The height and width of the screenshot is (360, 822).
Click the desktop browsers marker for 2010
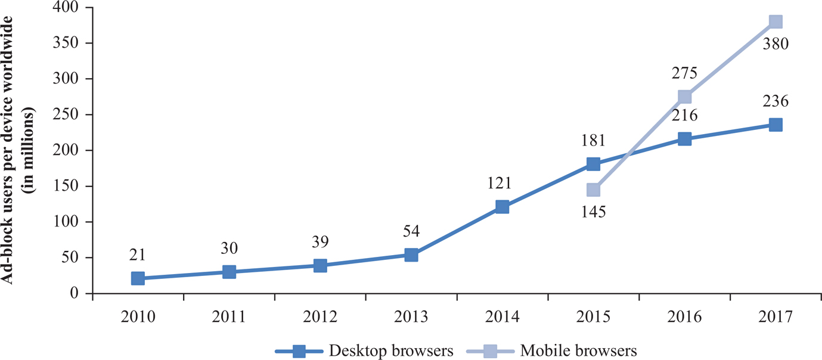(138, 278)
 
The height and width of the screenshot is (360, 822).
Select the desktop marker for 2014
(502, 207)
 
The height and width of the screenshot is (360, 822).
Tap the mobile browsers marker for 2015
(593, 190)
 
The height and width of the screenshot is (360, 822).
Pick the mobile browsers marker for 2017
(775, 22)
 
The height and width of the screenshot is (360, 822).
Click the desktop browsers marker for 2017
(775, 125)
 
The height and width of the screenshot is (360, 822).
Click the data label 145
(593, 212)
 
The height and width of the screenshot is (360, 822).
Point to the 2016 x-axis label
(684, 316)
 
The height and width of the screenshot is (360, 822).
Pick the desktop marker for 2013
(411, 255)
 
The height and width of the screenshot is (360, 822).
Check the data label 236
(775, 102)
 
